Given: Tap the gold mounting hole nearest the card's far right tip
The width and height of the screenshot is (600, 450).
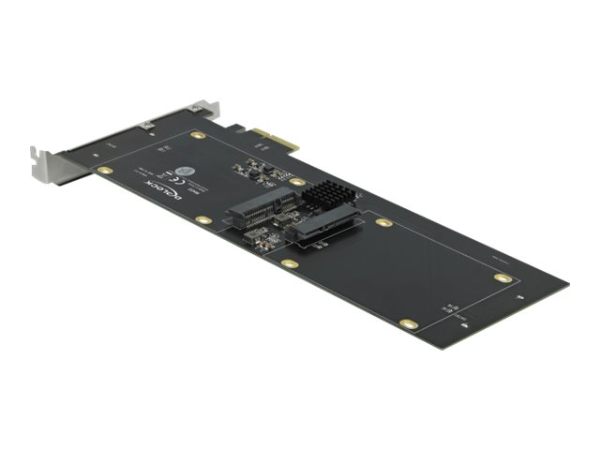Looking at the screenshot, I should [x=502, y=278].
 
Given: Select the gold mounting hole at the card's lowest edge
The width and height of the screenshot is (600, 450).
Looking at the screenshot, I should [x=407, y=323].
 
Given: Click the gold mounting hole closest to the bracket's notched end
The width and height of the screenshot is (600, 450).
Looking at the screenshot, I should [x=105, y=171].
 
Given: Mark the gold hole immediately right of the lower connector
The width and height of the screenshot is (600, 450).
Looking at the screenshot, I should [x=382, y=223].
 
